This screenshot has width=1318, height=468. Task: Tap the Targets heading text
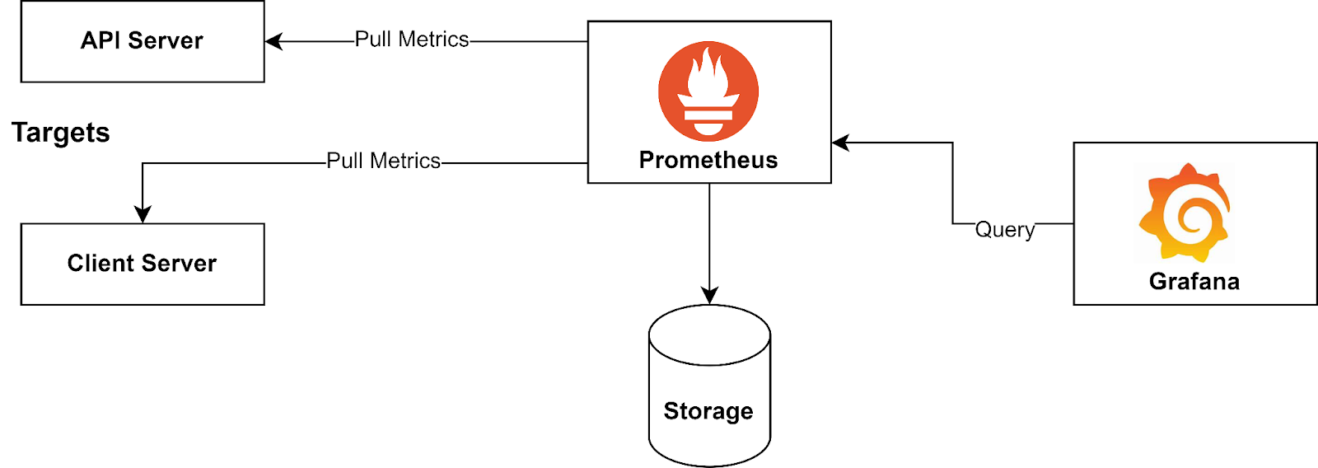(x=60, y=133)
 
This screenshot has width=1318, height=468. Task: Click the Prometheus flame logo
(x=708, y=91)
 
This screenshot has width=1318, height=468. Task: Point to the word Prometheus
(x=708, y=160)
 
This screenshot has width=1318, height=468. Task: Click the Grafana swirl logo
(x=1185, y=212)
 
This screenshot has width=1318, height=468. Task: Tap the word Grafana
(x=1194, y=282)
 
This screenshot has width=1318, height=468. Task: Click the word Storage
(x=708, y=411)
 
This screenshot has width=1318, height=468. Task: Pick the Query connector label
(x=1005, y=229)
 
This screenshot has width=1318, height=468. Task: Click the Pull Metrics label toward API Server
(x=412, y=40)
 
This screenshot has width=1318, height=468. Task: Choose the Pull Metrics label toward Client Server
(x=384, y=161)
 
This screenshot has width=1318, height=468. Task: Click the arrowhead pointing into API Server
(x=273, y=41)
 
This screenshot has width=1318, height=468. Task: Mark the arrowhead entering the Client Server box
(x=143, y=216)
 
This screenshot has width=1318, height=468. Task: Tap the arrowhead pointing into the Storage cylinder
(x=709, y=297)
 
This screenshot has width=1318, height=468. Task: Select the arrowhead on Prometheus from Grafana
(x=839, y=143)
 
